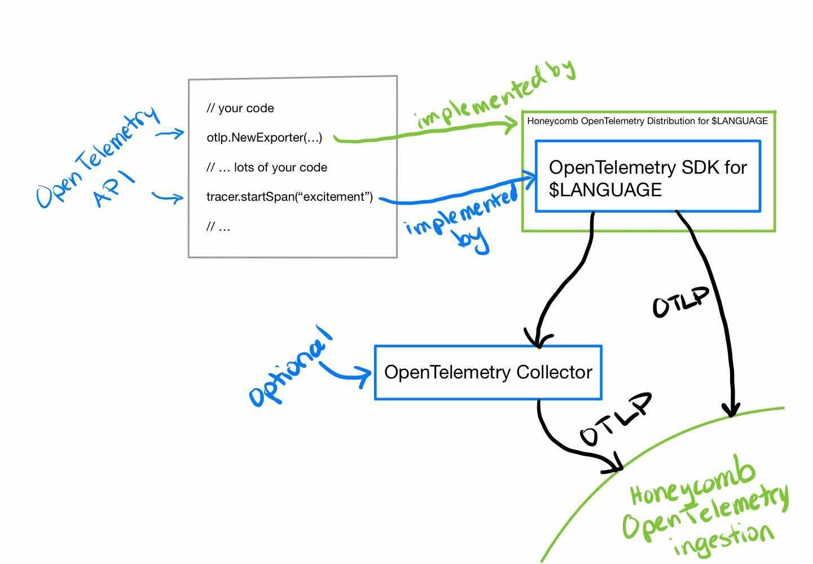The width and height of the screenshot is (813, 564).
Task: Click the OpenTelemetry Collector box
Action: (488, 373)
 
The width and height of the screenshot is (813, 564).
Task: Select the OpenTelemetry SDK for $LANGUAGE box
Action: (648, 178)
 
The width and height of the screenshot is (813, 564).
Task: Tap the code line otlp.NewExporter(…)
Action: (264, 138)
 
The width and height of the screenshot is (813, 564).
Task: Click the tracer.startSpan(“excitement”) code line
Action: (289, 197)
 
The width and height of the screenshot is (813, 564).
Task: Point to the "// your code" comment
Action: (240, 108)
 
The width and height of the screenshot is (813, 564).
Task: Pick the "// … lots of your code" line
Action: (267, 168)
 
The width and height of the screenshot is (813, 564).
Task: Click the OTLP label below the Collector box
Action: (615, 420)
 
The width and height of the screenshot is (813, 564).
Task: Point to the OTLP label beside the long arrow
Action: (680, 302)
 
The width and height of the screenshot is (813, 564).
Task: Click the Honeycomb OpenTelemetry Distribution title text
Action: (647, 121)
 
